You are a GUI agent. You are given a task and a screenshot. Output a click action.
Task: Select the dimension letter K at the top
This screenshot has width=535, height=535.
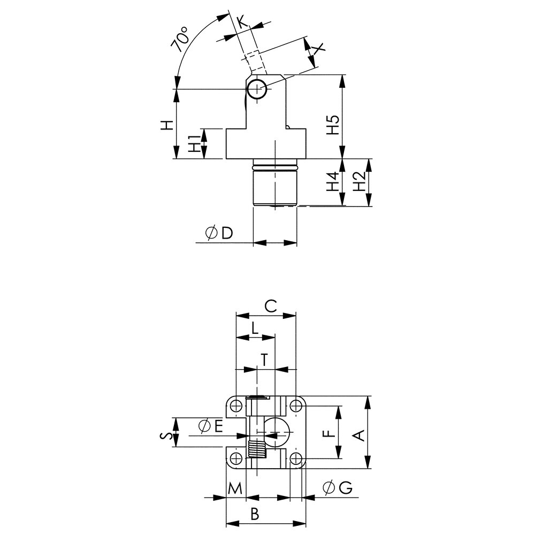[242, 22]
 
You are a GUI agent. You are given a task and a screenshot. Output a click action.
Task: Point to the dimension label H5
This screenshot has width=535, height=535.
[333, 125]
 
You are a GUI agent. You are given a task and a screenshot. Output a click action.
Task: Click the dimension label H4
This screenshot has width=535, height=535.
[333, 182]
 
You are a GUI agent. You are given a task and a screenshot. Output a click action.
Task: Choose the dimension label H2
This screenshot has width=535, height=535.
[360, 182]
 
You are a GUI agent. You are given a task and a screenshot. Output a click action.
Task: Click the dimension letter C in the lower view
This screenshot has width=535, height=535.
[271, 306]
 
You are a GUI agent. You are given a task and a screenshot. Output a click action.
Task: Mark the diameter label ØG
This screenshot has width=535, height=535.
[337, 487]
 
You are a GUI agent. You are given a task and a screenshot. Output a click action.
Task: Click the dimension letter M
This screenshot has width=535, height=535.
[235, 488]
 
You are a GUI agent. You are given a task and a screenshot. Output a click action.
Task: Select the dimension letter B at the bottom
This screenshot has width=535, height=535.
[255, 514]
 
